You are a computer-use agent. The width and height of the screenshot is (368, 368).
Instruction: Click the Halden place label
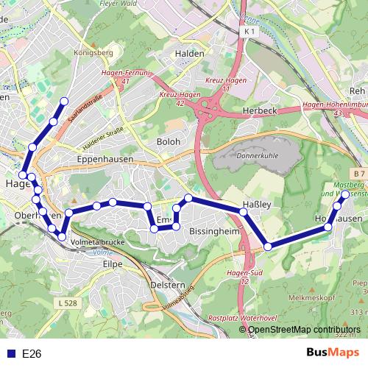(x=190, y=54)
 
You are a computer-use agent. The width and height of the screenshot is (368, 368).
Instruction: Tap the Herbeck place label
(x=258, y=111)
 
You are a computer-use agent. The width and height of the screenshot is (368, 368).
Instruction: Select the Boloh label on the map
(x=169, y=141)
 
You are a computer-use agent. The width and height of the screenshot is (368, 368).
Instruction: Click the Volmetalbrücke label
(x=93, y=241)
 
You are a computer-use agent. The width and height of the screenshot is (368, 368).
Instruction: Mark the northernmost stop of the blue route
(x=64, y=101)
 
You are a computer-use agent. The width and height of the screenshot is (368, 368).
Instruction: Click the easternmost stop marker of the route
(x=346, y=194)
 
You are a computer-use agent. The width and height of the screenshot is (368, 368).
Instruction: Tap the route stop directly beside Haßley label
(x=244, y=213)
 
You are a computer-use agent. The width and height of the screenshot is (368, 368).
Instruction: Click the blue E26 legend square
(x=8, y=353)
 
